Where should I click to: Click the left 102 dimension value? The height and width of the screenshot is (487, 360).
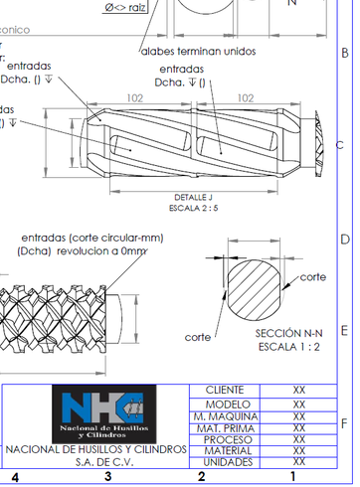(135, 98)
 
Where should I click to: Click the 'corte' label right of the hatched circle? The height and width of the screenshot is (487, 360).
(313, 277)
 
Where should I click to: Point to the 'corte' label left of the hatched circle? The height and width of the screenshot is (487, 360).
(198, 337)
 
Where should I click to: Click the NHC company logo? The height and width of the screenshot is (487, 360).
(103, 416)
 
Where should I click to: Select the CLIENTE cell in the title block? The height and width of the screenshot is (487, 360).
(226, 391)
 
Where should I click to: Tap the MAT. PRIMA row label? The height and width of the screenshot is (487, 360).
(226, 427)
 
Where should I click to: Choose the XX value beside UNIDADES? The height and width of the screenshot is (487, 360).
(297, 462)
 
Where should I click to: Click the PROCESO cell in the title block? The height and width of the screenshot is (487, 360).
(226, 439)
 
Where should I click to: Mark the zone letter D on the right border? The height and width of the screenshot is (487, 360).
(345, 240)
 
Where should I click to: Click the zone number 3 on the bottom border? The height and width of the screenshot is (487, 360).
(107, 477)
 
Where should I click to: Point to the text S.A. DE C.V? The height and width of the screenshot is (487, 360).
(96, 463)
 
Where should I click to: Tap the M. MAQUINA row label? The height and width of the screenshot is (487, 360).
(226, 415)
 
